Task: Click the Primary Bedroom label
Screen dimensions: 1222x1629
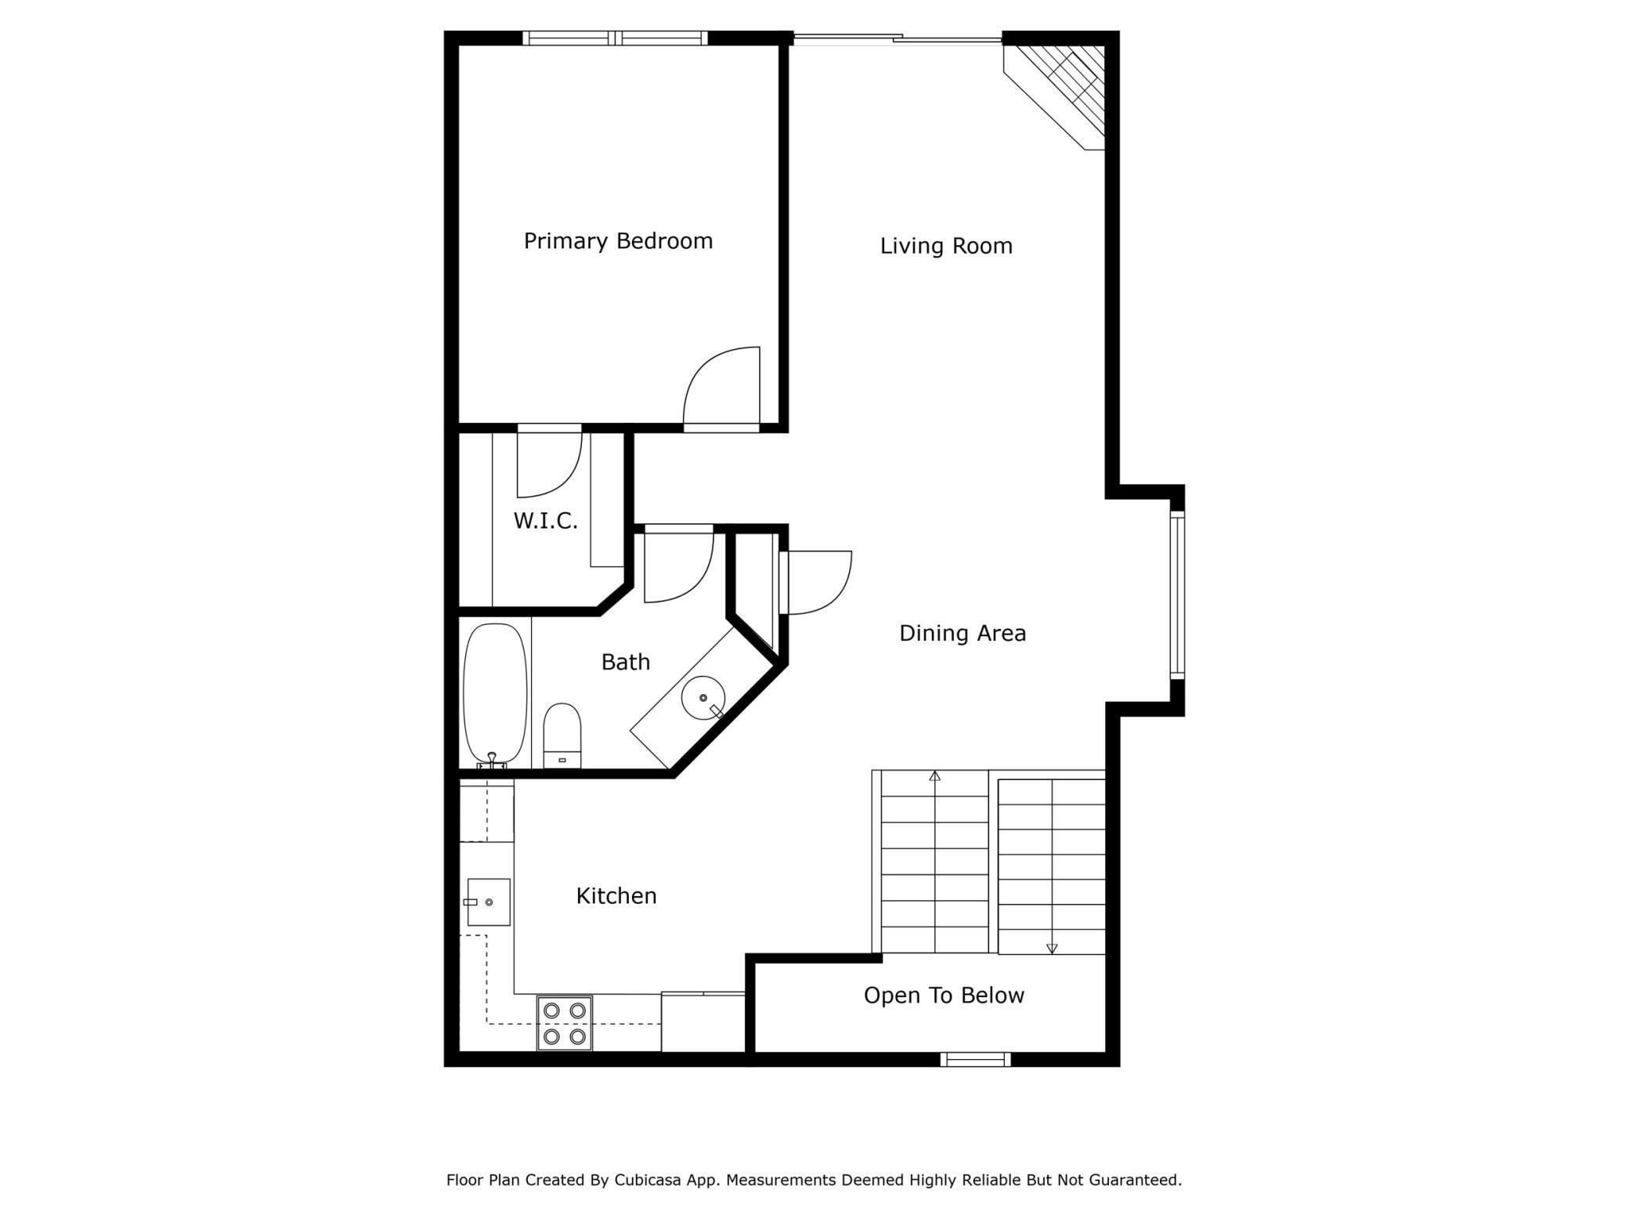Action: point(618,240)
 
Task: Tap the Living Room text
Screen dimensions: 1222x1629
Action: point(946,246)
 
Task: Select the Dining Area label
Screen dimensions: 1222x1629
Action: point(962,633)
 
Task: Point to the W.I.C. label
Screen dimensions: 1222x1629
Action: point(545,521)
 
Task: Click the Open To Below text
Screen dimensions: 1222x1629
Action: point(944,996)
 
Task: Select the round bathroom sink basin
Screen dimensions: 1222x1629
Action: point(703,697)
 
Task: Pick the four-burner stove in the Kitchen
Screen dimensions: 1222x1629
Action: point(565,1023)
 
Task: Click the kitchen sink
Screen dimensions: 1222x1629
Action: point(489,902)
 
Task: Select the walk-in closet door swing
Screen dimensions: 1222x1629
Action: point(548,464)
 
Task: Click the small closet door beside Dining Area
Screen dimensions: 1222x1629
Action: point(816,583)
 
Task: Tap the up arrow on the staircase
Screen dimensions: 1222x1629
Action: point(934,776)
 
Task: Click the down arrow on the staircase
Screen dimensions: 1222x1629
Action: point(1052,948)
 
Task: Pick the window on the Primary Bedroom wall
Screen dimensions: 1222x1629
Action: point(616,38)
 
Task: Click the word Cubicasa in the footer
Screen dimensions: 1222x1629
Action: point(647,1180)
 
